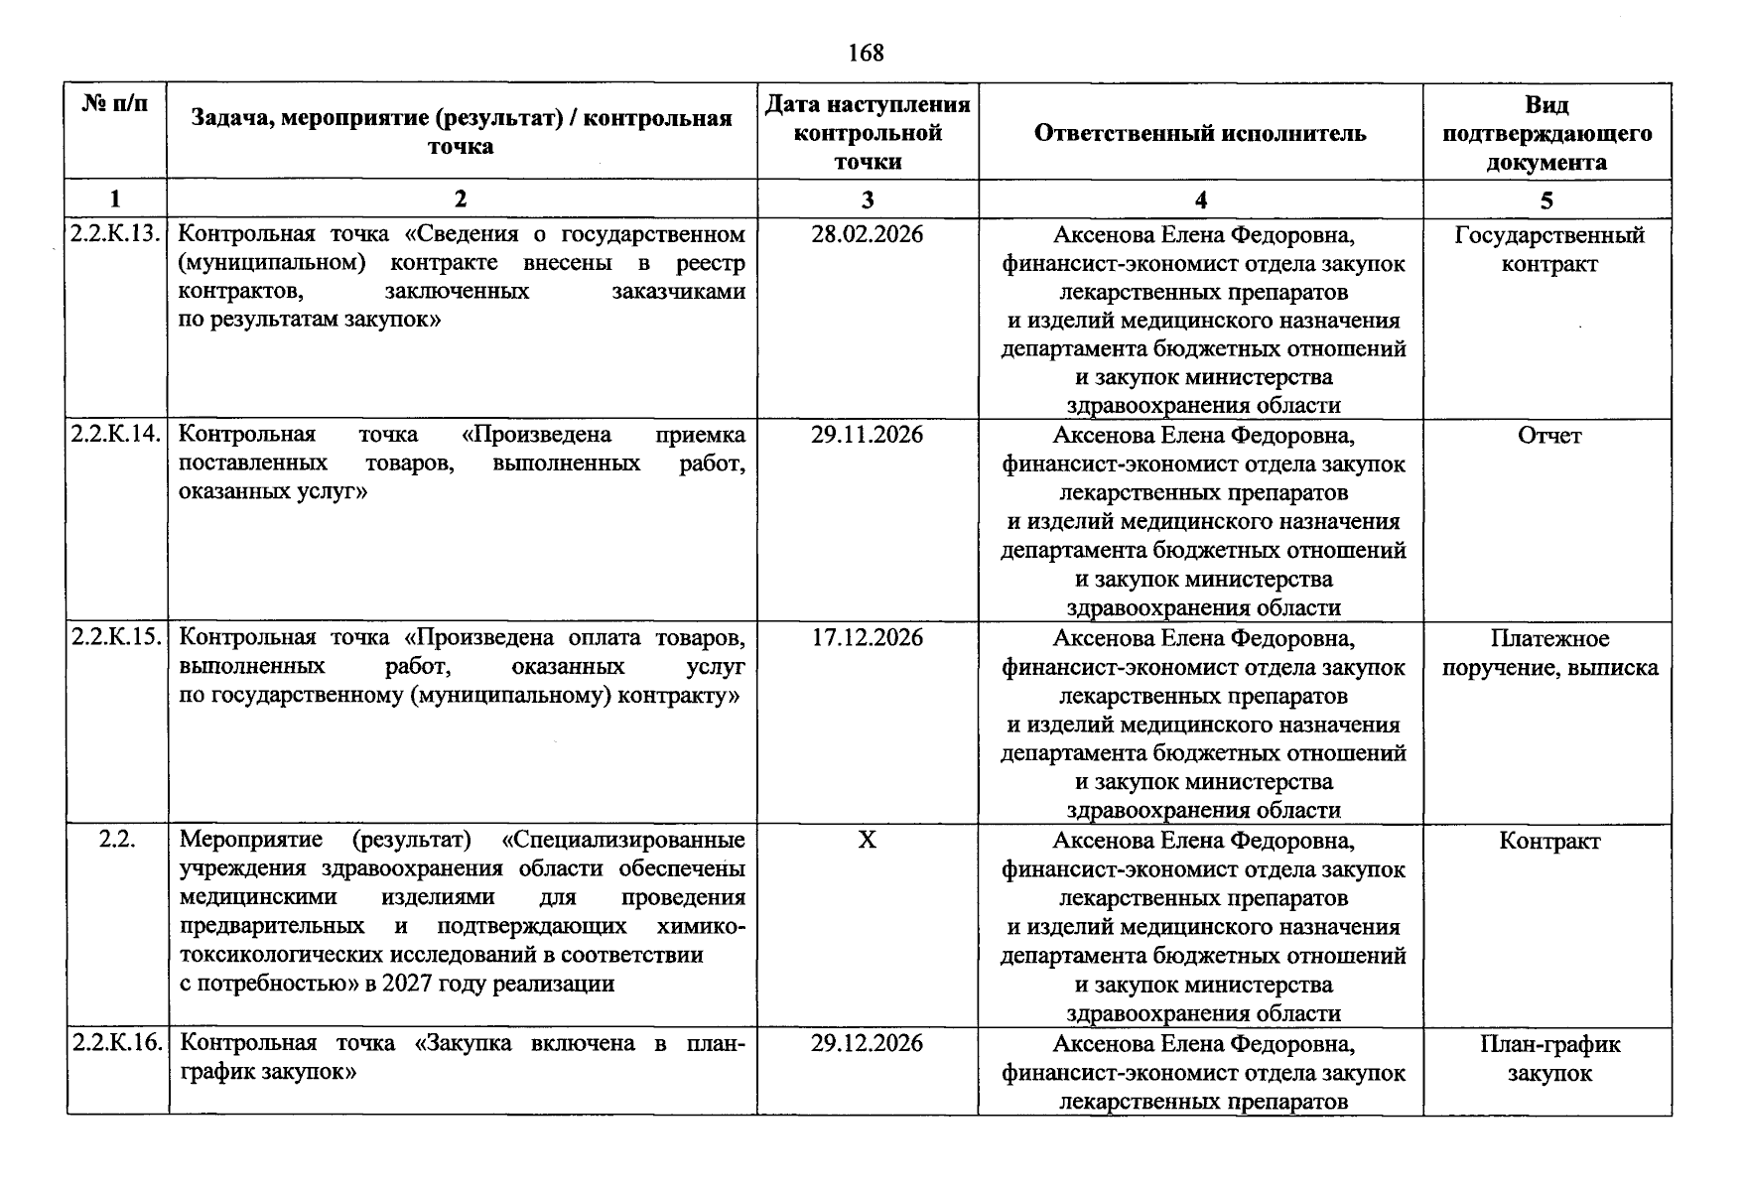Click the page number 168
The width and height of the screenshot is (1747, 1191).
[866, 53]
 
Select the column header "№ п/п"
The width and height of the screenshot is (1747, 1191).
[115, 103]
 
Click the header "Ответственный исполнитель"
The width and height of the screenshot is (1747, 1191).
[1199, 133]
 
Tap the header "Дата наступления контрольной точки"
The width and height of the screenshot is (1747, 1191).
[867, 133]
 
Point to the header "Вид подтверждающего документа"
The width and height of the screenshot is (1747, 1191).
[1546, 133]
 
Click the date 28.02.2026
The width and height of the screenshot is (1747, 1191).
[867, 234]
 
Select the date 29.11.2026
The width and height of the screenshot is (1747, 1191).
[867, 435]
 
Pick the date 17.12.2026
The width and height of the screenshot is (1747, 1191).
[867, 637]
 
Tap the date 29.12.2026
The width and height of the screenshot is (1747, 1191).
[867, 1043]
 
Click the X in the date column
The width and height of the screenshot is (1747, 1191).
[867, 840]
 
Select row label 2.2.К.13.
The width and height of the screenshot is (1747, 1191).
[115, 234]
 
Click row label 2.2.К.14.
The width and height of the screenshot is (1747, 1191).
[115, 435]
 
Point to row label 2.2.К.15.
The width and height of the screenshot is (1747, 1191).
[115, 637]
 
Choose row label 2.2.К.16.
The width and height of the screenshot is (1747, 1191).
[115, 1043]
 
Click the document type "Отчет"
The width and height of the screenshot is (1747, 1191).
[1548, 436]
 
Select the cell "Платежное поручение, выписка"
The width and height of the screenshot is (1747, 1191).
[1548, 653]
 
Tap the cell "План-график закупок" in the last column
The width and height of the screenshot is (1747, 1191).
[1548, 1058]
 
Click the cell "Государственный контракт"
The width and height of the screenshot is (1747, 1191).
[1548, 249]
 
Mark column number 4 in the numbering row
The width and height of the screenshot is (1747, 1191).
[1200, 199]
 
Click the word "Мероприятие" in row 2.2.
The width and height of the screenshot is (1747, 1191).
[250, 840]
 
